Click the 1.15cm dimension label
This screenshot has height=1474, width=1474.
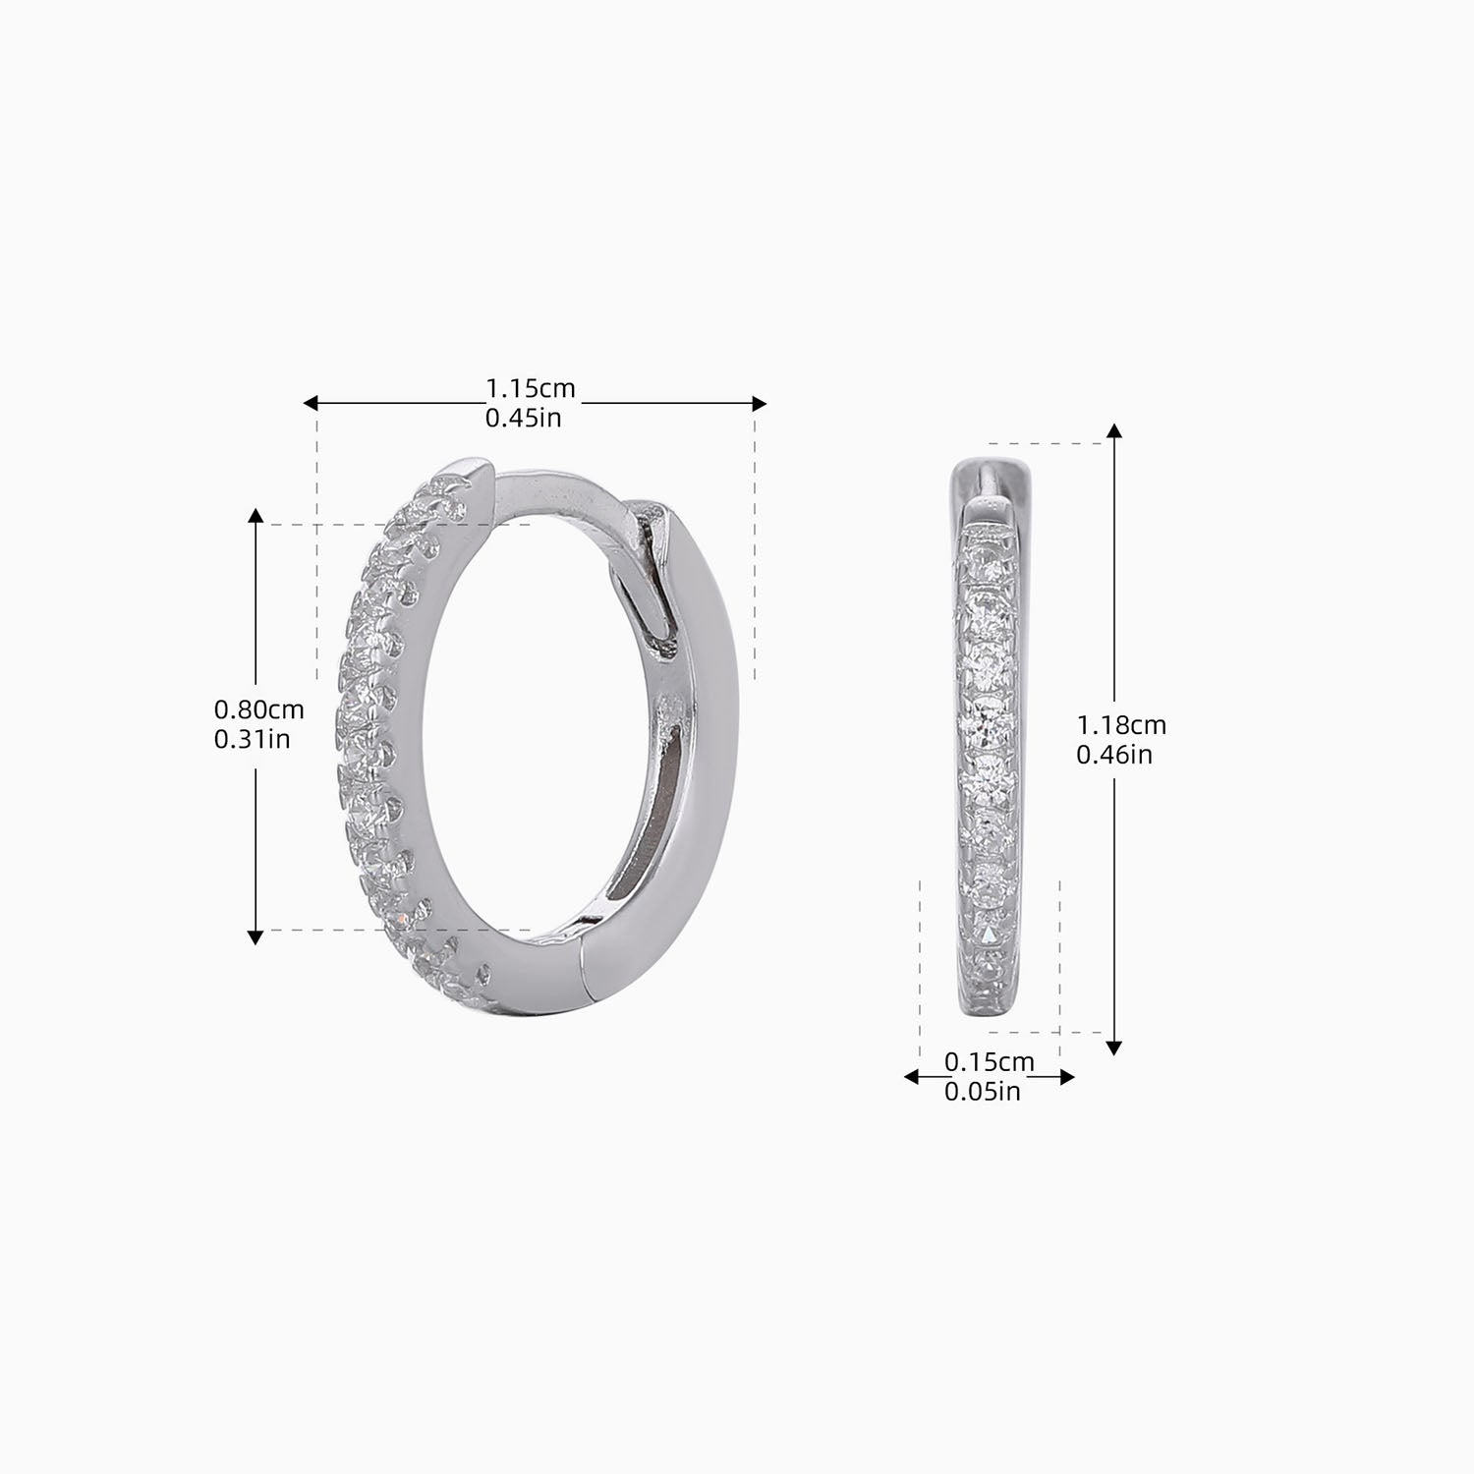530,389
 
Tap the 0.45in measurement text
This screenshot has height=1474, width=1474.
523,418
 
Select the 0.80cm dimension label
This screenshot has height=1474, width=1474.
258,709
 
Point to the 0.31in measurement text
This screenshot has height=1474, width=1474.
252,738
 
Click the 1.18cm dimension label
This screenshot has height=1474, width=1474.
1121,725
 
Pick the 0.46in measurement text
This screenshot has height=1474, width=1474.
1113,755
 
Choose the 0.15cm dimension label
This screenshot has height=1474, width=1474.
989,1061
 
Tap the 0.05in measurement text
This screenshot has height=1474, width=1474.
982,1091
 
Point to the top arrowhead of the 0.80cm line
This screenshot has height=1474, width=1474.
255,516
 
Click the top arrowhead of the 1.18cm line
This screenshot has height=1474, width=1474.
1113,430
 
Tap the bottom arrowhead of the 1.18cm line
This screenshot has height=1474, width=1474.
1113,1048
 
